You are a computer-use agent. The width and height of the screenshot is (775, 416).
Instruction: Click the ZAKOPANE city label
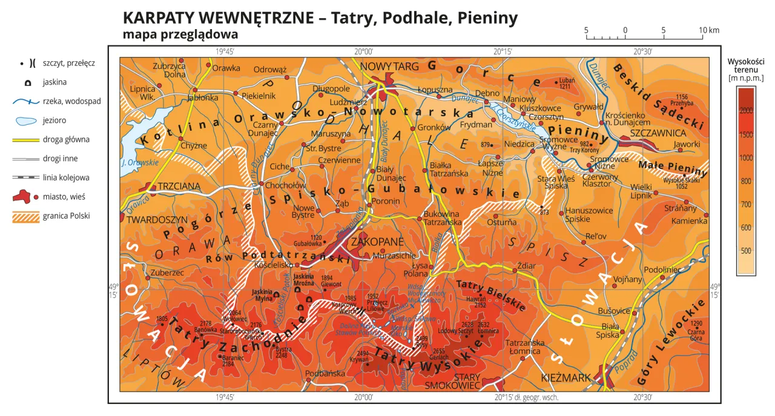pyautogui.click(x=383, y=242)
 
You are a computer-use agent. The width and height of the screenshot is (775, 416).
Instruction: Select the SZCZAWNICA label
pyautogui.click(x=658, y=132)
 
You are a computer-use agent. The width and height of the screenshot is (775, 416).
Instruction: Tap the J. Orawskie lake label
pyautogui.click(x=139, y=162)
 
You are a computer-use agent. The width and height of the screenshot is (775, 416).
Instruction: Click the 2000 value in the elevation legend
pyautogui.click(x=745, y=109)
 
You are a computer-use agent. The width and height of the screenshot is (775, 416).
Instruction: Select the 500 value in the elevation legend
pyautogui.click(x=745, y=251)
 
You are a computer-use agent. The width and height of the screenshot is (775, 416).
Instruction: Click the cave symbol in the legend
pyautogui.click(x=22, y=82)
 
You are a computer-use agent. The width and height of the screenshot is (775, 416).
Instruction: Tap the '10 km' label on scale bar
pyautogui.click(x=708, y=30)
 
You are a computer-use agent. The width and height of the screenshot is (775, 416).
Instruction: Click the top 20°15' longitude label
pyautogui.click(x=503, y=52)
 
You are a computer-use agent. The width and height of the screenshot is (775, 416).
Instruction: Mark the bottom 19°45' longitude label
pyautogui.click(x=225, y=397)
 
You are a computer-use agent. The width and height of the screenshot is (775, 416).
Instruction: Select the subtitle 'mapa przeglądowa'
pyautogui.click(x=180, y=35)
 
